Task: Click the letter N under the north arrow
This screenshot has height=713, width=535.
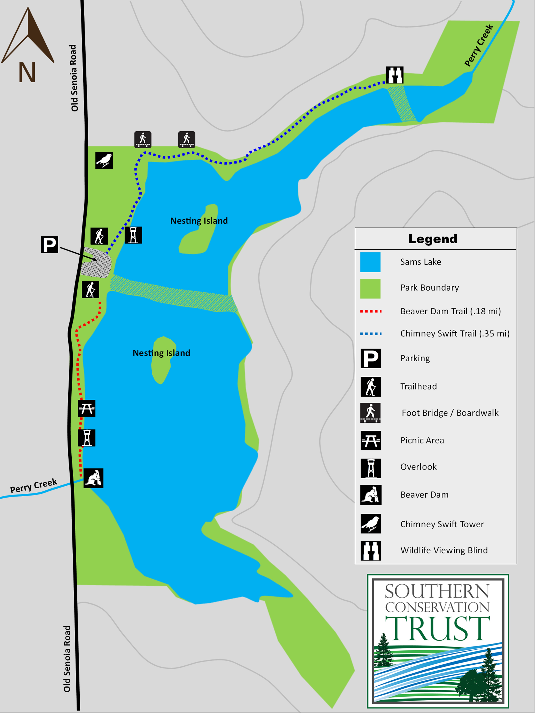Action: point(27,72)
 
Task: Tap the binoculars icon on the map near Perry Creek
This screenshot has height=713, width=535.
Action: point(395,75)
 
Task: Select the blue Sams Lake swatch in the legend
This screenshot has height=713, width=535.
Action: point(370,262)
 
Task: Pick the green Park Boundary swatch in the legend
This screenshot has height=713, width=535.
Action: point(370,288)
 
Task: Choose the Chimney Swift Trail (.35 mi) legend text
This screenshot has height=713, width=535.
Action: point(455,334)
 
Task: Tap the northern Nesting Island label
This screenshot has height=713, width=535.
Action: point(199,221)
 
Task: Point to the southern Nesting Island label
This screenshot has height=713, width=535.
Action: point(161,353)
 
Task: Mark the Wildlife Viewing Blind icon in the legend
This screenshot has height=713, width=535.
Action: point(371,550)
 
